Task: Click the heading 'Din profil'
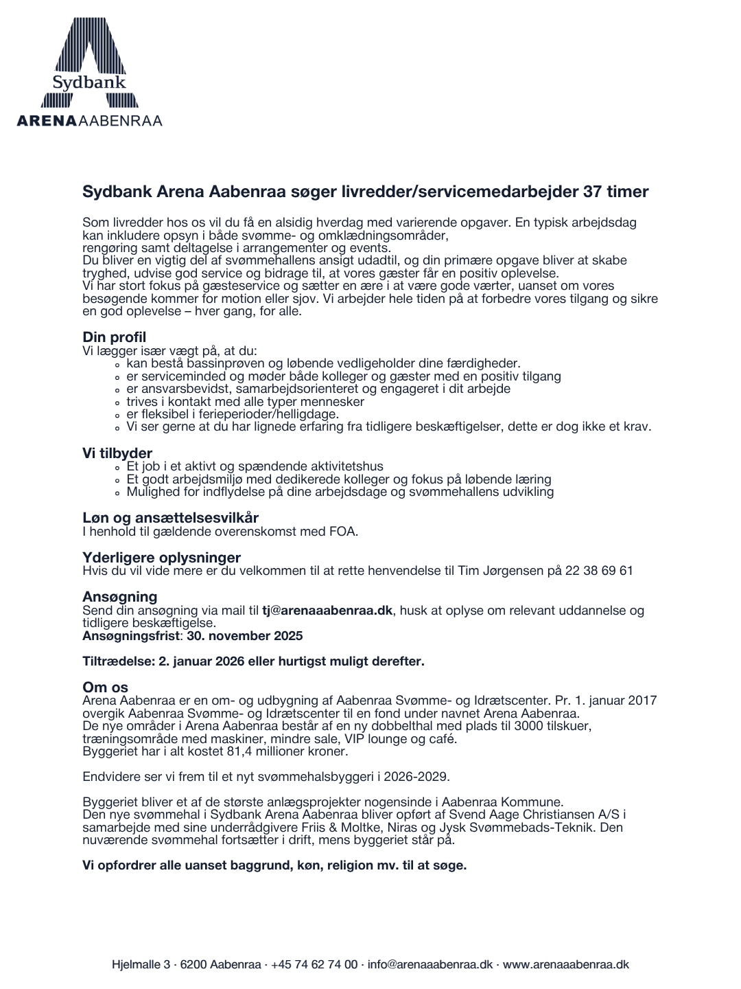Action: pos(114,337)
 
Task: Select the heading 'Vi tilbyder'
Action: pos(117,453)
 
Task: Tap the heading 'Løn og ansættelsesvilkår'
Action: pos(170,518)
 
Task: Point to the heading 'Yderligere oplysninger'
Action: pos(161,558)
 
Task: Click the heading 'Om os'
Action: pos(105,687)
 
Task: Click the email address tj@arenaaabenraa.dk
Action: pos(327,611)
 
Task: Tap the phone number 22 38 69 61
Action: pos(599,571)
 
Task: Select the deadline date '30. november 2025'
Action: pos(244,636)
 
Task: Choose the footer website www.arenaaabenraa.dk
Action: pos(566,964)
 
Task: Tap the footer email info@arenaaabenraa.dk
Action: pos(430,964)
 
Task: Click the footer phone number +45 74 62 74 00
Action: pos(314,964)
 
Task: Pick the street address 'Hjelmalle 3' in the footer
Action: pos(141,964)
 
